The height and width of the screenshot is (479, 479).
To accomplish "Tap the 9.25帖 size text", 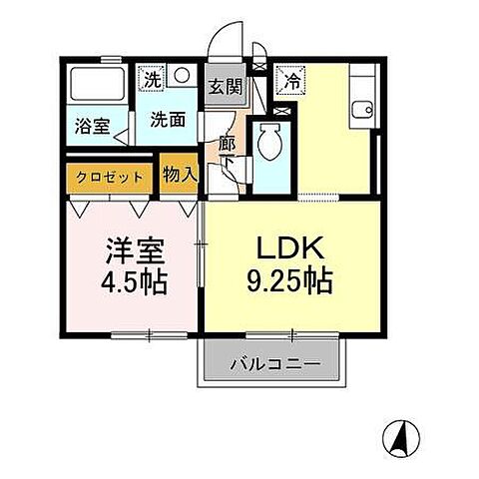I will tap(289, 282).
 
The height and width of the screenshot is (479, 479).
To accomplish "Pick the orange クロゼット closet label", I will tap(108, 177).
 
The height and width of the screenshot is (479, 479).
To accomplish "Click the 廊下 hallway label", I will tap(227, 152).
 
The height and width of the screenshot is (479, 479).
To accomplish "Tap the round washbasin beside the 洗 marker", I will tap(181, 75).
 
